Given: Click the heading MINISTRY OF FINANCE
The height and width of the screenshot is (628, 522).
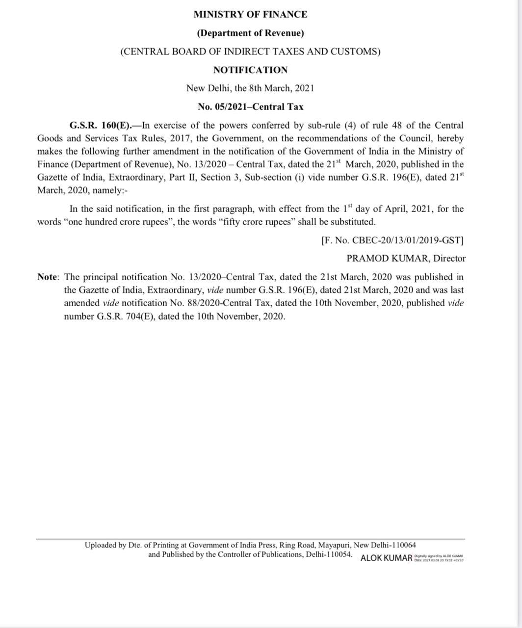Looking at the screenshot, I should [250, 15].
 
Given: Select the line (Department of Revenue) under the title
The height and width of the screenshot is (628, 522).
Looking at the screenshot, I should [250, 33].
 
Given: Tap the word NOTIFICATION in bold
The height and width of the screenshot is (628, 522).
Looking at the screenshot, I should [250, 70].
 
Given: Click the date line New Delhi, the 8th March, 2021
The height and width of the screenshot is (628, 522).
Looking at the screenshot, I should [250, 88].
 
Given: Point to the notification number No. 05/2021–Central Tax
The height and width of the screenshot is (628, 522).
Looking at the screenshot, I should [250, 106].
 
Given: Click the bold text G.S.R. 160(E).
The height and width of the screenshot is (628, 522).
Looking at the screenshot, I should [100, 126].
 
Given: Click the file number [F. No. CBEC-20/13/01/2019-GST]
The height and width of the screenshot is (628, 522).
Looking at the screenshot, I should [392, 240].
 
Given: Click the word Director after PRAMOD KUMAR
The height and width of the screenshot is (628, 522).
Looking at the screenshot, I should [449, 259].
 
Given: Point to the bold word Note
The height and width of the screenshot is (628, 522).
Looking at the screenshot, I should [47, 277].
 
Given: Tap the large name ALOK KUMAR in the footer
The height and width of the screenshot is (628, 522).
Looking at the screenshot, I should [387, 558].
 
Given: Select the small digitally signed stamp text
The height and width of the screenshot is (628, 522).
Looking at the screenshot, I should [439, 558].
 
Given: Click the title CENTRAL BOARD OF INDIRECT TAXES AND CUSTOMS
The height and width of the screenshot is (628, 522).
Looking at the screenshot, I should [250, 52].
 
